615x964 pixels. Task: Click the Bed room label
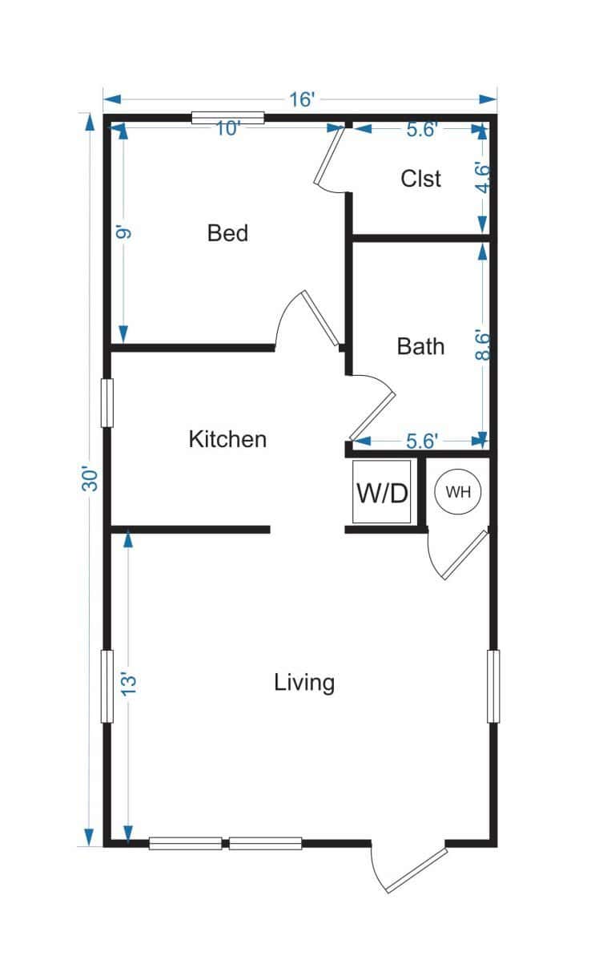pyautogui.click(x=227, y=233)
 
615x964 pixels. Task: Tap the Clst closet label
pyautogui.click(x=420, y=178)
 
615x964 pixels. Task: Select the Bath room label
pyautogui.click(x=420, y=346)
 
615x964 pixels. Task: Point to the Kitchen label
pyautogui.click(x=227, y=439)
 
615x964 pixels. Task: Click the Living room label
pyautogui.click(x=303, y=683)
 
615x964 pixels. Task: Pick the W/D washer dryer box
pyautogui.click(x=383, y=492)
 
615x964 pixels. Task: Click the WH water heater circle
pyautogui.click(x=458, y=492)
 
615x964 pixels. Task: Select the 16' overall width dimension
pyautogui.click(x=302, y=99)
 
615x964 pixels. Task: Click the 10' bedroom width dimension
pyautogui.click(x=227, y=128)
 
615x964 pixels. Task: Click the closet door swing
pyautogui.click(x=329, y=157)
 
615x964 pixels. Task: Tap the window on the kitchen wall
pyautogui.click(x=107, y=402)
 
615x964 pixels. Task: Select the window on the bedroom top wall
pyautogui.click(x=227, y=119)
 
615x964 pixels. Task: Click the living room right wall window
pyautogui.click(x=493, y=686)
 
